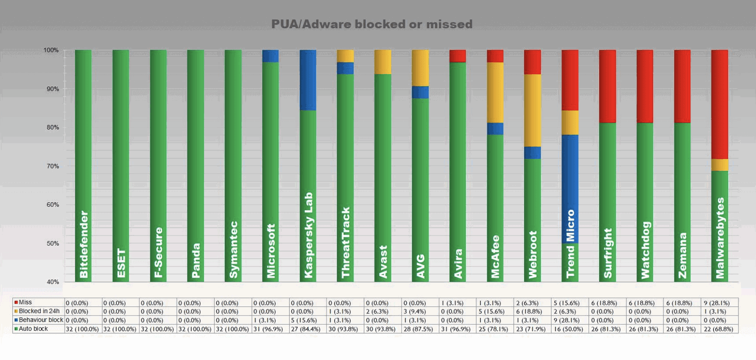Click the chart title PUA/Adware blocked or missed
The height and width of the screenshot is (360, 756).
click(372, 24)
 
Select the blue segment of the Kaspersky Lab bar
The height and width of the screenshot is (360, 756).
click(308, 80)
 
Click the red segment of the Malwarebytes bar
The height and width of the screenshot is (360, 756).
click(720, 104)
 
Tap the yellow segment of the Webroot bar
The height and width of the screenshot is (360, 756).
click(533, 110)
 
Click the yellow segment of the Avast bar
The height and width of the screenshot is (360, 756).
click(383, 62)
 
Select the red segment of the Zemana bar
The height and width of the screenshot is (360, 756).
click(682, 86)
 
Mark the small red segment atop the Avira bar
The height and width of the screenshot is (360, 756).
click(457, 56)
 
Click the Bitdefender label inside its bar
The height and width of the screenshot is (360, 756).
click(84, 245)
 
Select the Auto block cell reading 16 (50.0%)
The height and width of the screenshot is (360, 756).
click(570, 329)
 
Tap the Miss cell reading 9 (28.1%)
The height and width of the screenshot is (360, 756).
click(720, 303)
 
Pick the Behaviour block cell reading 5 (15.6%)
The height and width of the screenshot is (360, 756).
click(308, 320)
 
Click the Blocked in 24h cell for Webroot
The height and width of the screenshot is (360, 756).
click(533, 312)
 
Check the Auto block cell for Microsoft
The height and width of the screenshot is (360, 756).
click(271, 329)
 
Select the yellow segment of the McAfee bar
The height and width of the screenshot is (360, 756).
click(495, 92)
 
